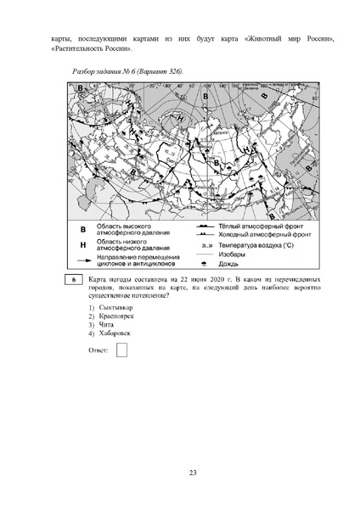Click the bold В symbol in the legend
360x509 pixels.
(x=83, y=229)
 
